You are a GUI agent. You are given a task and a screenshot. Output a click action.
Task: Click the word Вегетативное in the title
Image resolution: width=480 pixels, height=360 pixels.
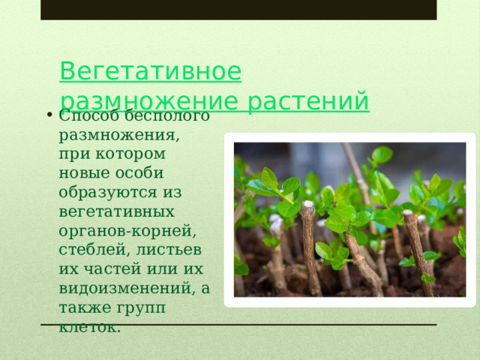(x=150, y=72)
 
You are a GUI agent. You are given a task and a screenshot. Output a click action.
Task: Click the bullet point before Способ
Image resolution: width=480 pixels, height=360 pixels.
(x=47, y=115)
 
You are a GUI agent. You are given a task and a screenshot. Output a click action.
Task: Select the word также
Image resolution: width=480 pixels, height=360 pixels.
(x=84, y=307)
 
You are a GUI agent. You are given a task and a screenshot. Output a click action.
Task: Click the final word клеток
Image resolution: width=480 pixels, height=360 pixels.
(x=89, y=327)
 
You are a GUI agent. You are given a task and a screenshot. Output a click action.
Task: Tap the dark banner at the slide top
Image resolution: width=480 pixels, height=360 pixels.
(x=238, y=9)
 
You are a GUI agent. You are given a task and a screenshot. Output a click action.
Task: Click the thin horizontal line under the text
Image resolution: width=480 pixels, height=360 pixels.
(x=300, y=324)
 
